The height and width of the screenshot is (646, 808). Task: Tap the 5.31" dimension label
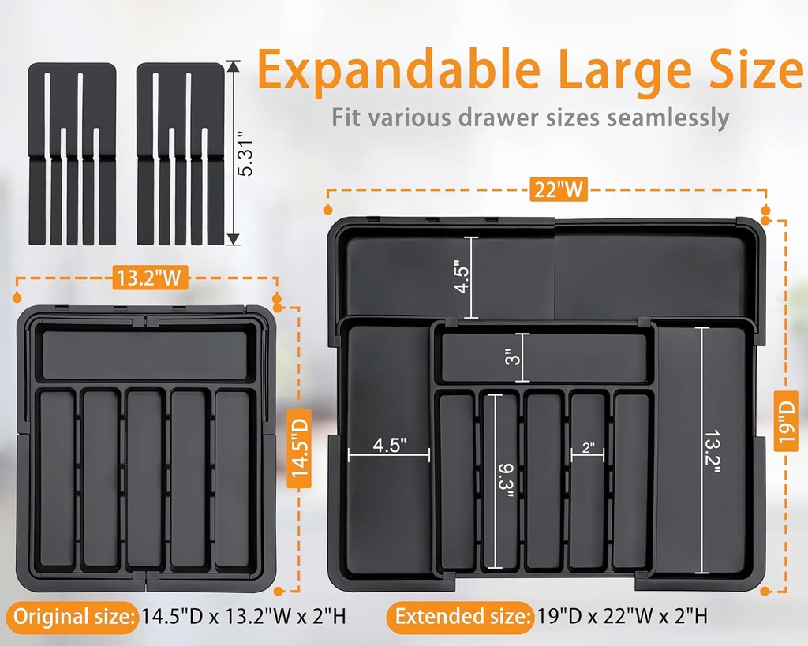[245, 154]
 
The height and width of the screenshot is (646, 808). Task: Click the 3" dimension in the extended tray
[513, 357]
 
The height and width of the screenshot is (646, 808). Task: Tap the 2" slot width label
[588, 446]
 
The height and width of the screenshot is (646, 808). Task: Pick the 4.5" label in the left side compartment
[389, 444]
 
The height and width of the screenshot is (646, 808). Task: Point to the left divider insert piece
[73, 154]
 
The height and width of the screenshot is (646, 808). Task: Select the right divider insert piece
[180, 154]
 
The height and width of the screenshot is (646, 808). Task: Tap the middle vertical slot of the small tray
[145, 477]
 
